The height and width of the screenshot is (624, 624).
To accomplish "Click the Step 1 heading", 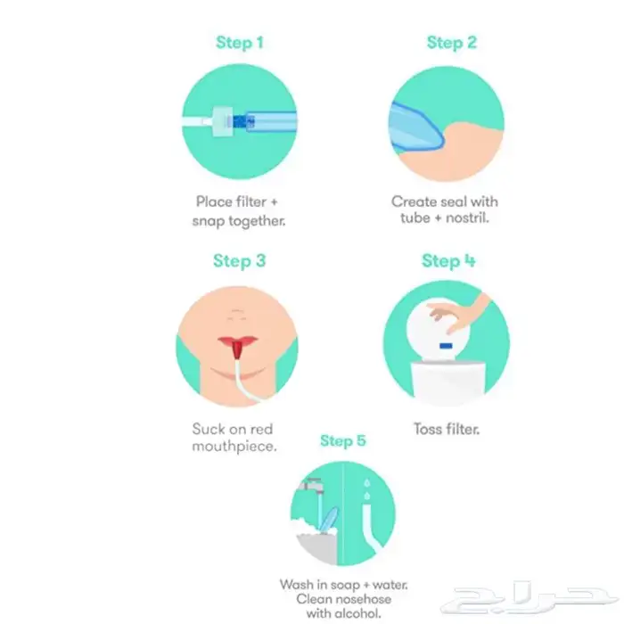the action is [240, 42].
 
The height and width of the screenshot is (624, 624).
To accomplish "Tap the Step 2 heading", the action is [452, 42].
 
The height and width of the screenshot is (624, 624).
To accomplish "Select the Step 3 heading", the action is [239, 261].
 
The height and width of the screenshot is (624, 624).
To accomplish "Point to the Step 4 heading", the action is [448, 261].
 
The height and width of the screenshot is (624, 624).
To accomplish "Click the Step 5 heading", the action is [342, 440].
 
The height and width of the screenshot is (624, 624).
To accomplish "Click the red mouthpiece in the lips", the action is [238, 349].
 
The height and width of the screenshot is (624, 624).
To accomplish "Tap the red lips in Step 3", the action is [238, 341].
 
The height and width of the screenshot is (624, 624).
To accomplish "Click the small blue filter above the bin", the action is [446, 346].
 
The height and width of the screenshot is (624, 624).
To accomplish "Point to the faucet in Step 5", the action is [313, 487].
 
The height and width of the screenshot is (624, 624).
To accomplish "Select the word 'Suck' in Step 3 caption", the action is [208, 429].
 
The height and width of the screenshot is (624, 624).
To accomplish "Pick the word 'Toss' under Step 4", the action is [428, 429].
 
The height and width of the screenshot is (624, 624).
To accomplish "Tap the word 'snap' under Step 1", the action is [209, 221].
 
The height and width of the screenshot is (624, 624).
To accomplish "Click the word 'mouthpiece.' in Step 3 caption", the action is [234, 447].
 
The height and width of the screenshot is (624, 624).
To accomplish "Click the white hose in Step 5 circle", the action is [370, 526].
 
